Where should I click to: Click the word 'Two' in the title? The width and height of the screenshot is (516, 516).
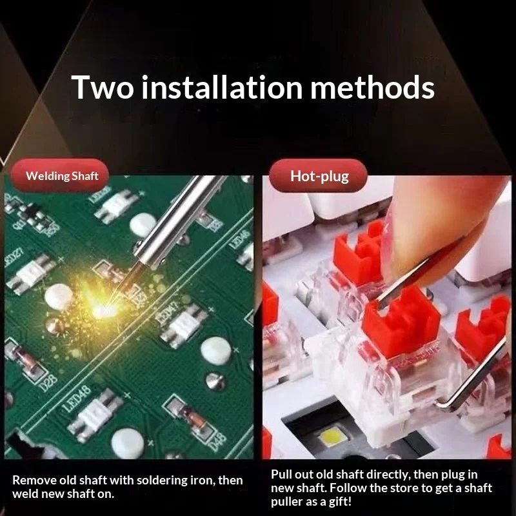(103, 87)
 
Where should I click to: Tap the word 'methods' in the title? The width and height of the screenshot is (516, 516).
(372, 87)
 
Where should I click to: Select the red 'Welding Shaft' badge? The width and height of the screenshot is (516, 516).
(60, 175)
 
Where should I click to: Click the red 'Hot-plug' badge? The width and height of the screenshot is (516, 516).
(318, 175)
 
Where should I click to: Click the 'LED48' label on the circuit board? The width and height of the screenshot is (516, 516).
(76, 399)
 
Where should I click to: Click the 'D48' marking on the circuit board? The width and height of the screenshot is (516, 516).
(218, 442)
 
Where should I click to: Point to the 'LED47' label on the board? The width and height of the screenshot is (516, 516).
(168, 313)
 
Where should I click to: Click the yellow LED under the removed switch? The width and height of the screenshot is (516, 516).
(332, 437)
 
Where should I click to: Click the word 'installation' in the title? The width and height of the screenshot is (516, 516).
(222, 87)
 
